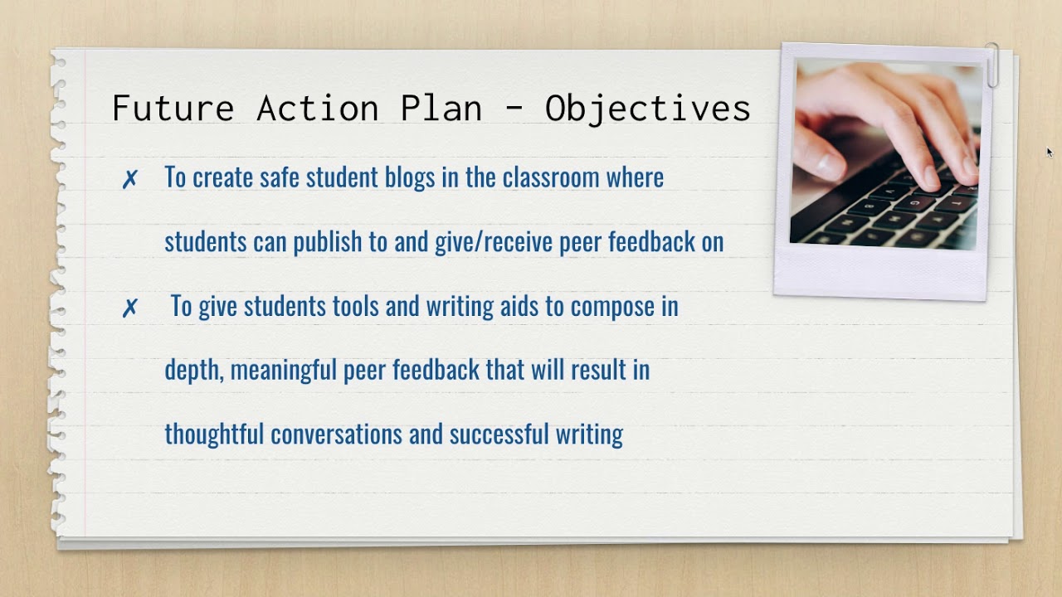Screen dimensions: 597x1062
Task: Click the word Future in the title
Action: pos(173,109)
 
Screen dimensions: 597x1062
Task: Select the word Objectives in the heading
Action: pos(647,109)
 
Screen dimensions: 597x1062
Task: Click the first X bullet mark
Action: pos(129,179)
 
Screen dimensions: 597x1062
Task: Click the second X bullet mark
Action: pos(129,308)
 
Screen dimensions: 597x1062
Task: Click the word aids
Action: pos(519,307)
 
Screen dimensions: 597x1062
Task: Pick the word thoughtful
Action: pos(214,434)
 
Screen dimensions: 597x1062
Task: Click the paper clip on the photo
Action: pos(992,65)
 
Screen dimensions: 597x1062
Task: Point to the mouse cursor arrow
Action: pos(1050,153)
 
